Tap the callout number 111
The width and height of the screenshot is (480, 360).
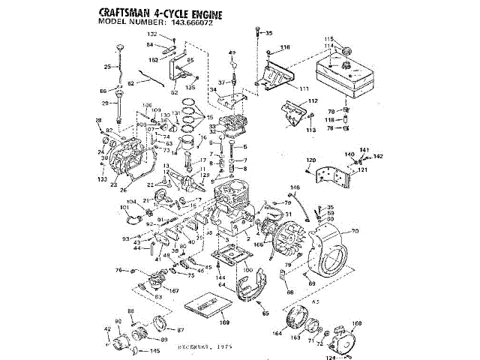coord(304,89)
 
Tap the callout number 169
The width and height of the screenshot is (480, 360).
coord(224,322)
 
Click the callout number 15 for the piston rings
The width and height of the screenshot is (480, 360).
coord(209,118)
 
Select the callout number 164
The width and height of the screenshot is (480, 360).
coord(276,332)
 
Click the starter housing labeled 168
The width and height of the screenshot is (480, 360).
coord(346,337)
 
